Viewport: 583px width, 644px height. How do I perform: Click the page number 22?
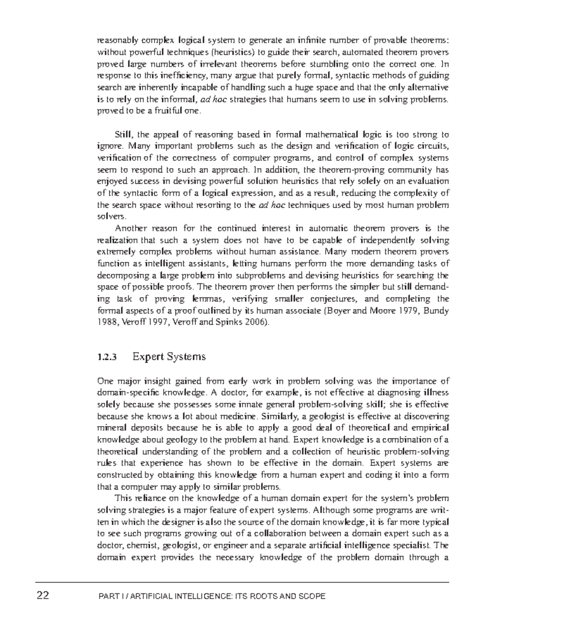click(x=43, y=595)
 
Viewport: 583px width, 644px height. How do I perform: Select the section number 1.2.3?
click(x=107, y=357)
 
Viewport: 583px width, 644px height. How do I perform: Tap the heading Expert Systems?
click(x=169, y=357)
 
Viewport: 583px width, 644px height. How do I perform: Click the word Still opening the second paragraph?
click(x=124, y=134)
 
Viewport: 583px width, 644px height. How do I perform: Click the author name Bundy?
click(x=436, y=311)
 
